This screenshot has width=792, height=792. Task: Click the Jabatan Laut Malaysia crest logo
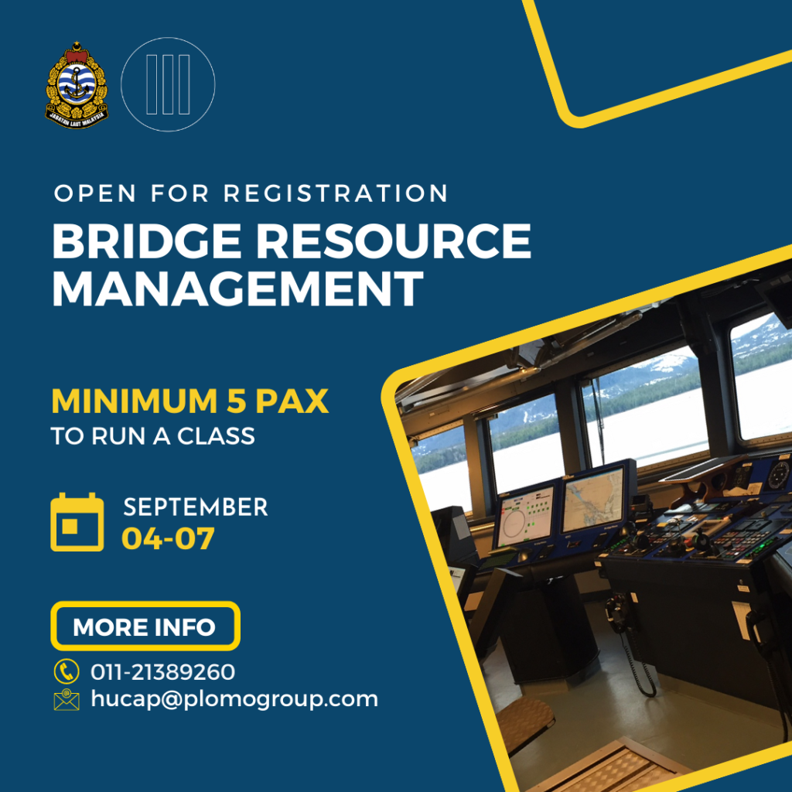tap(77, 85)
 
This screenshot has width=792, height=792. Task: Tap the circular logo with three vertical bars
tap(168, 84)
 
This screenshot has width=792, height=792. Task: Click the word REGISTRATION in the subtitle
tap(336, 193)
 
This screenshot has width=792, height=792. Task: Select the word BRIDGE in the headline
tap(147, 241)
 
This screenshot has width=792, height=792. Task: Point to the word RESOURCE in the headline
tap(394, 241)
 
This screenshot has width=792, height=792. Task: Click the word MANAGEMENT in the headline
tap(238, 288)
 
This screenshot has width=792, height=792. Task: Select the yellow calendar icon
tap(77, 522)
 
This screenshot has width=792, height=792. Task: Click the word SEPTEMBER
tap(196, 507)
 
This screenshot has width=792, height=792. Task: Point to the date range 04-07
tap(168, 538)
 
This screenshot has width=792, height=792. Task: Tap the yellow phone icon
tap(67, 671)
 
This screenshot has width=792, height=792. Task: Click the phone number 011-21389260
tap(162, 672)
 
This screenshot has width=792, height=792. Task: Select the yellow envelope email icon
tap(67, 699)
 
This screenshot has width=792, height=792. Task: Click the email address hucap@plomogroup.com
tap(234, 700)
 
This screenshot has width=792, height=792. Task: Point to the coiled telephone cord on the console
tap(637, 663)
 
